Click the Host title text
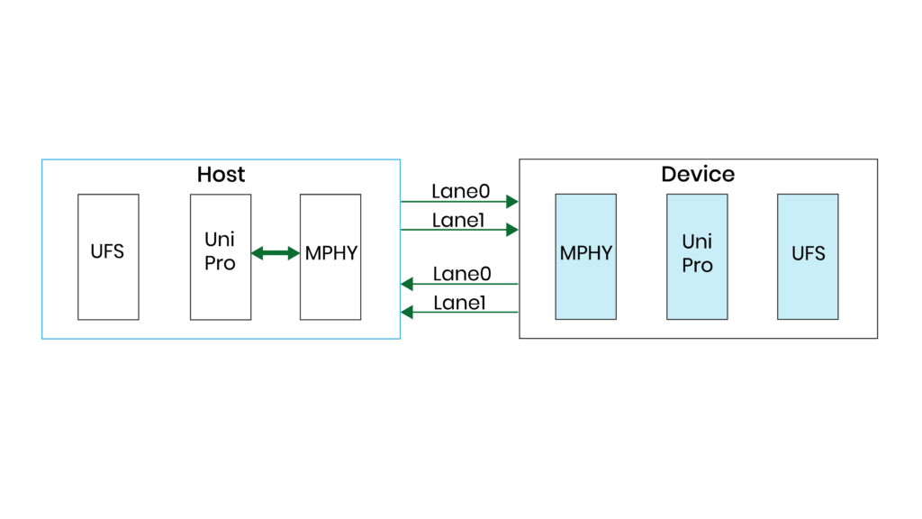(x=221, y=174)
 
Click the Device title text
(x=698, y=174)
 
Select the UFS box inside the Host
(x=108, y=257)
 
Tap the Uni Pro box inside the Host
(x=220, y=257)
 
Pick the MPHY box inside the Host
(x=330, y=257)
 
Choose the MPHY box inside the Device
(x=586, y=257)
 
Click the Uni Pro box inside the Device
(x=697, y=257)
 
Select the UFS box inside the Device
(x=808, y=257)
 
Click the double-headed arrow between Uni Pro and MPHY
(x=276, y=253)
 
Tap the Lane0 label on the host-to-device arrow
(x=460, y=191)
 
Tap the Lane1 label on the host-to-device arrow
(x=459, y=220)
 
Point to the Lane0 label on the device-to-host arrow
(x=460, y=274)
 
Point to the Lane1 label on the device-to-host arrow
(x=459, y=303)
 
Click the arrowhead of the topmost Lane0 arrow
(x=512, y=201)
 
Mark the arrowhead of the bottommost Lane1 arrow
(x=407, y=313)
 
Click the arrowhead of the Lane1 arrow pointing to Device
(x=512, y=230)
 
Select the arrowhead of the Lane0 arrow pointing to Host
(x=407, y=284)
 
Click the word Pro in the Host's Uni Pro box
(x=220, y=264)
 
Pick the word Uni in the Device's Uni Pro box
(x=697, y=242)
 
